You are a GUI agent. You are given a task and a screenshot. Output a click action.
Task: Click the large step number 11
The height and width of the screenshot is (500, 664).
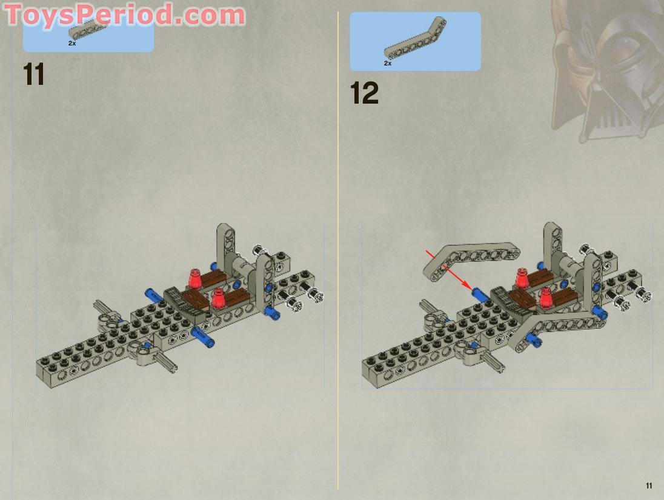34,75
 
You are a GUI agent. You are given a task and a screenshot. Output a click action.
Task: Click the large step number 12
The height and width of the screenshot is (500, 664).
364,94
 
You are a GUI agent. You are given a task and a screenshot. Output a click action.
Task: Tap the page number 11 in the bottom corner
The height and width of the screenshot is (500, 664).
649,485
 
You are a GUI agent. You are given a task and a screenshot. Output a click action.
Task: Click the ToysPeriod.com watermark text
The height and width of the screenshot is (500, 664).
125,15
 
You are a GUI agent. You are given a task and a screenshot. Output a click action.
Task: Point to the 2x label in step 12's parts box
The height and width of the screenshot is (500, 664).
388,63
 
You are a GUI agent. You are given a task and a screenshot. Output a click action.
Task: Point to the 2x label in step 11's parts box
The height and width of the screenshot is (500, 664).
72,44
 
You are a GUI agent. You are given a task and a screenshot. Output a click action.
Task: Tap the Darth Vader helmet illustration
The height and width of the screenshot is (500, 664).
606,67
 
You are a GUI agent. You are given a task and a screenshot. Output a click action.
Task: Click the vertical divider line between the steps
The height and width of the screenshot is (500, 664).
338,242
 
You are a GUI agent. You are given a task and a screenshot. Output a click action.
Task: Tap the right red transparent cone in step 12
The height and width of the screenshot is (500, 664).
547,297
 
